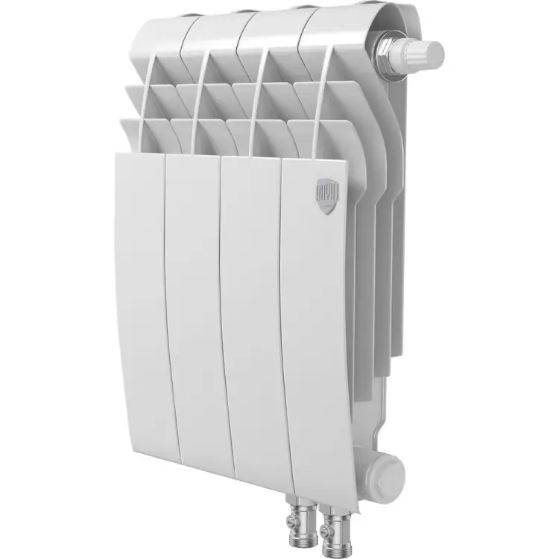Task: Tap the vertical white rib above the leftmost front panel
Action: click(142, 104)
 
